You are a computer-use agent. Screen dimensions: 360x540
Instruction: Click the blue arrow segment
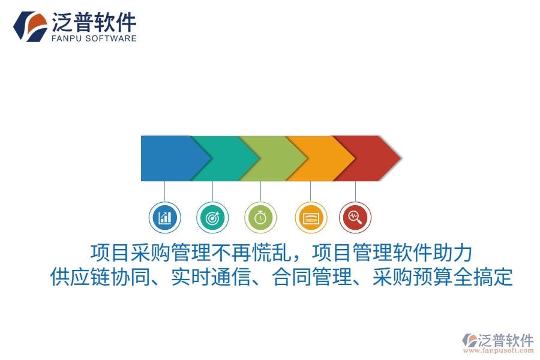[165, 158]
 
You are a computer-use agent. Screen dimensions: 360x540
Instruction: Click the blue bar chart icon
[164, 217]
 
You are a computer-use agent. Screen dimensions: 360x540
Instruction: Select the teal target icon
[212, 217]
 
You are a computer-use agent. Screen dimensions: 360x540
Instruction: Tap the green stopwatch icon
[260, 217]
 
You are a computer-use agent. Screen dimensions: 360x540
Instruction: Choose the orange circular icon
[311, 217]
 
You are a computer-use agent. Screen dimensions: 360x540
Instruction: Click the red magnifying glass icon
[355, 217]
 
